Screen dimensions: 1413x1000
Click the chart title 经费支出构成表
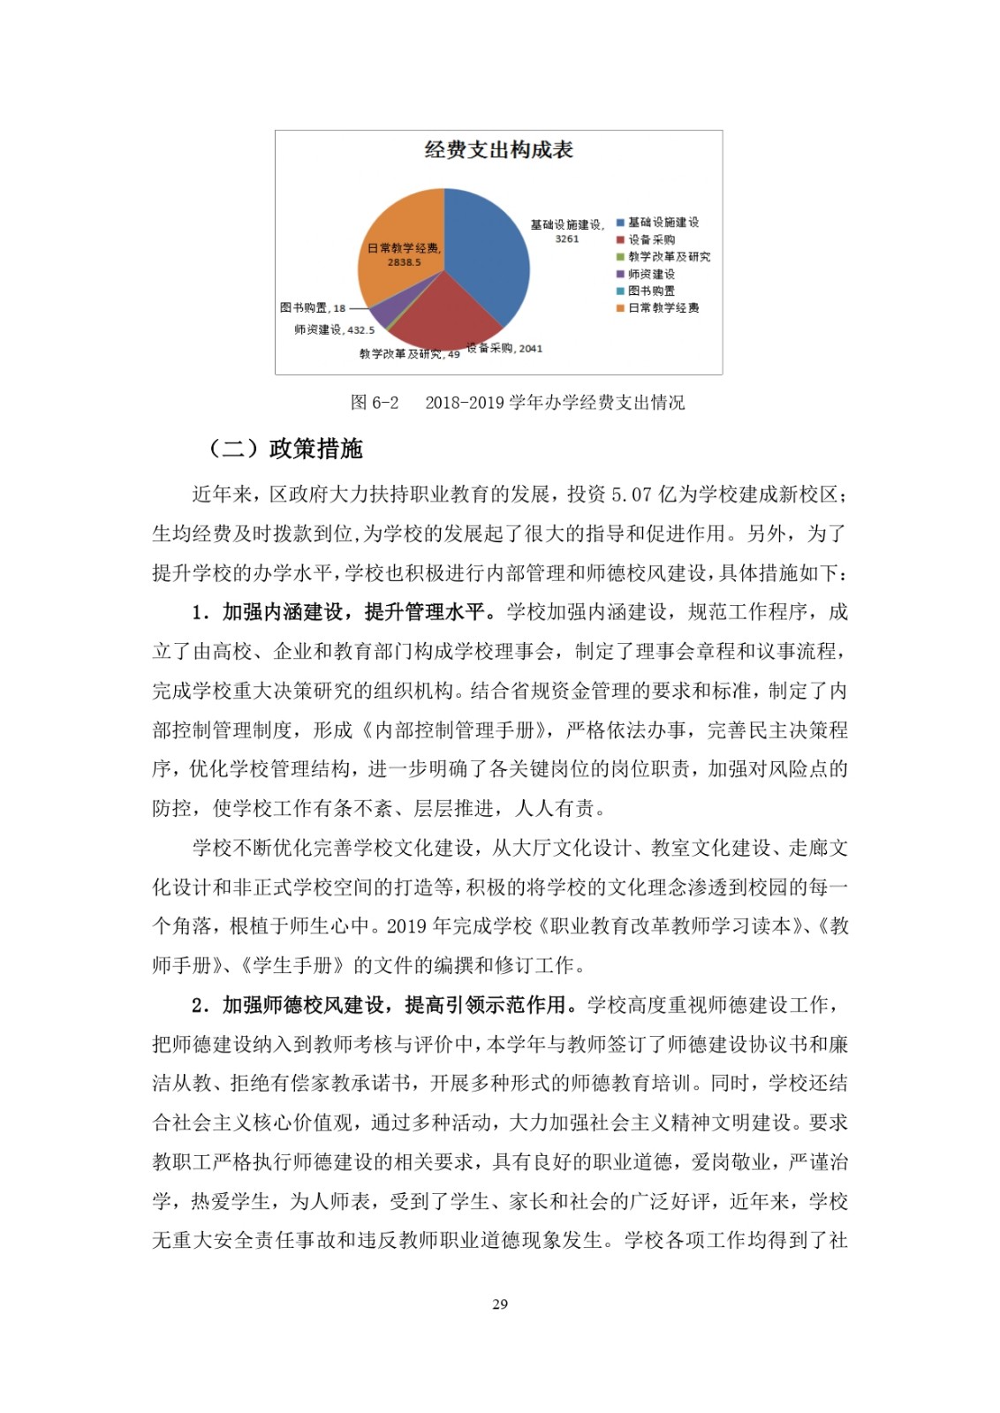coord(498,150)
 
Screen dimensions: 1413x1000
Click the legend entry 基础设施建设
coord(663,223)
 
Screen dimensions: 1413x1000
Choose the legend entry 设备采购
coord(651,239)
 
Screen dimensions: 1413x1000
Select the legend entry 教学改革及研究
coord(669,257)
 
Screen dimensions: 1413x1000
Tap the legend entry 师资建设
coord(651,274)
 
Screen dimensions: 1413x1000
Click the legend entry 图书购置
coord(651,291)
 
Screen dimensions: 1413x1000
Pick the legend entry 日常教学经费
coord(663,308)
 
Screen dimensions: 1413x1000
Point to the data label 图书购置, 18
coord(313,308)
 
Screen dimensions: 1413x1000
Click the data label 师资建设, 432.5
coord(334,329)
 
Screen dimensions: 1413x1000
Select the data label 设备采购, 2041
coord(504,348)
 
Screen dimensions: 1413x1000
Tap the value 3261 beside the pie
coord(566,238)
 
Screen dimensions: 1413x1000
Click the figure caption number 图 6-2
coord(375,403)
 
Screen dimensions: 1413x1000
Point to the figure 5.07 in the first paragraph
coord(631,494)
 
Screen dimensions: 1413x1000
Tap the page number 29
coord(500,1303)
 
